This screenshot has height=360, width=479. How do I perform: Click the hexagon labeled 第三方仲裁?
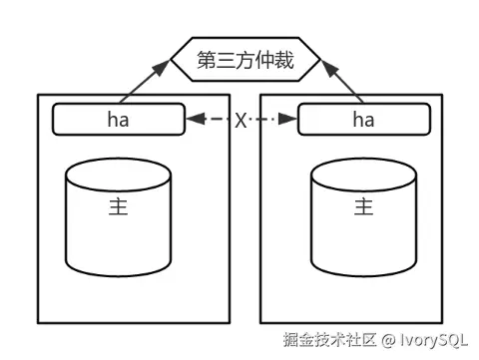pos(246,61)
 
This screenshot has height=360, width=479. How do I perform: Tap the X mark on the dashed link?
pos(240,120)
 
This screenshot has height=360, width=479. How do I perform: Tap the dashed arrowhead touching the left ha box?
pos(194,120)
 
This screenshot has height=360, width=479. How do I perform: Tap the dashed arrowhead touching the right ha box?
pos(289,120)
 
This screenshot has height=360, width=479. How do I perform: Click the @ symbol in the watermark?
pos(387,340)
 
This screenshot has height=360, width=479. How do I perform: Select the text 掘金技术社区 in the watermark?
pos(329,340)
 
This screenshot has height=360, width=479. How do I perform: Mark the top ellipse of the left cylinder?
pos(117,174)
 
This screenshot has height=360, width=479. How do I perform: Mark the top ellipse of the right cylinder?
pos(362,174)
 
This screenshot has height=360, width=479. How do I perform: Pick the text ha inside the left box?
pos(118,120)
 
